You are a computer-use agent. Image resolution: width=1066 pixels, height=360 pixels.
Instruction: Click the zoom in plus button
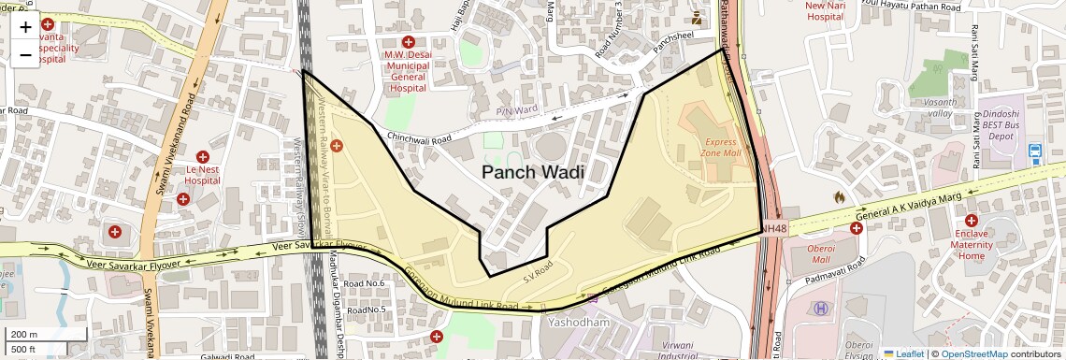click(25, 27)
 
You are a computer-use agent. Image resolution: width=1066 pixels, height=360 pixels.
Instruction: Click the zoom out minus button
click(25, 55)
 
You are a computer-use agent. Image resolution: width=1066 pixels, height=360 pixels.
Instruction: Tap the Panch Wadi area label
click(532, 172)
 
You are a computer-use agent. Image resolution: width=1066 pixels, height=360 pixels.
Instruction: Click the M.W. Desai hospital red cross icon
click(408, 42)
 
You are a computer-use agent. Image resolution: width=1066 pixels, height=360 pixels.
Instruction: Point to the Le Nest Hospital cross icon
click(203, 157)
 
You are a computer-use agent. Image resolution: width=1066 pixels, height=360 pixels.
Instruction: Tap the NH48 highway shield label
click(774, 228)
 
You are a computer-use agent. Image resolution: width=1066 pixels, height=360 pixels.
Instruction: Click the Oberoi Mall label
click(810, 253)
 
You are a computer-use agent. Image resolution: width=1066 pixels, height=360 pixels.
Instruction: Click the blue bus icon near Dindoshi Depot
click(1035, 151)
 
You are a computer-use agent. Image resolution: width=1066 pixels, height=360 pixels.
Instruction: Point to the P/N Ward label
click(516, 111)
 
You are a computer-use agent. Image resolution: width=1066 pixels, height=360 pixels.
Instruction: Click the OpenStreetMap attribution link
click(973, 353)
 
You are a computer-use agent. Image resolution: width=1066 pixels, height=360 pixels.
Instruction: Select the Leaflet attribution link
click(903, 353)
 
